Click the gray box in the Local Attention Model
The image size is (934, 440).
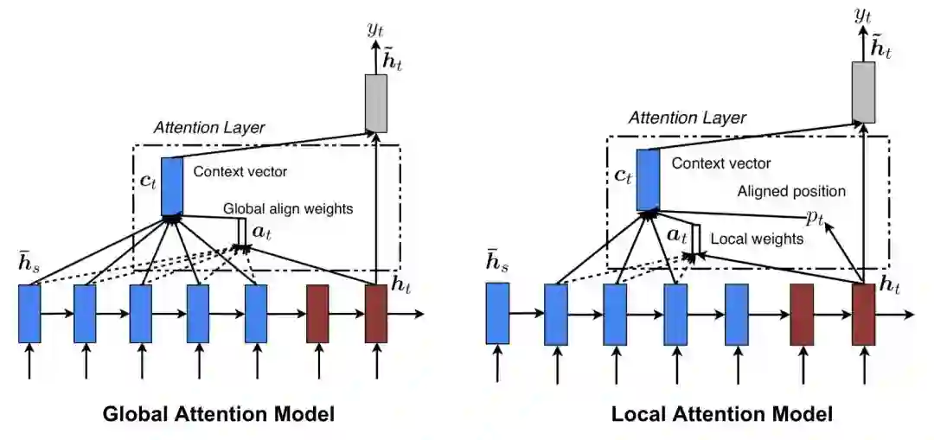coord(863,91)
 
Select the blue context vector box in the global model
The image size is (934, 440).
coord(173,186)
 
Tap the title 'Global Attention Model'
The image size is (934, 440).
coord(219,414)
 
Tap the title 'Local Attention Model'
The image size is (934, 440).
coord(721,414)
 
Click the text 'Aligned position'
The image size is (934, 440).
coord(790,191)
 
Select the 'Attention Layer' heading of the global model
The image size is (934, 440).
coord(209,128)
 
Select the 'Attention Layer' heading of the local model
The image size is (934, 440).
coord(687,117)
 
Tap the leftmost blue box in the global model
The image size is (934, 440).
coord(29,313)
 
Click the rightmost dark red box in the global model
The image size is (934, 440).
coord(375,313)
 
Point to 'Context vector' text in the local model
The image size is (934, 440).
coord(721,163)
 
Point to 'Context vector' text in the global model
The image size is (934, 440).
coord(234,171)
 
